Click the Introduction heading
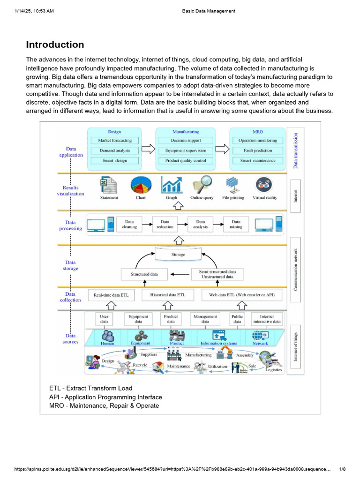[x=55, y=45]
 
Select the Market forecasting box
[x=115, y=140]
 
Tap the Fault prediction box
[x=257, y=150]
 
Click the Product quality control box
[x=186, y=160]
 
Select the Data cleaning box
[x=129, y=224]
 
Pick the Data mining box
[x=236, y=224]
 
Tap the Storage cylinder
[x=178, y=254]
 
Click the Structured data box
[x=144, y=274]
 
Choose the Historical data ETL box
[x=171, y=295]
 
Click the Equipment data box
[x=138, y=319]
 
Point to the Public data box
[x=237, y=319]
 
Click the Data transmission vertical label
[x=296, y=149]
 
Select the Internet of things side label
[x=296, y=347]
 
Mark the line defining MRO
[x=104, y=405]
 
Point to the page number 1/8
[x=342, y=469]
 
